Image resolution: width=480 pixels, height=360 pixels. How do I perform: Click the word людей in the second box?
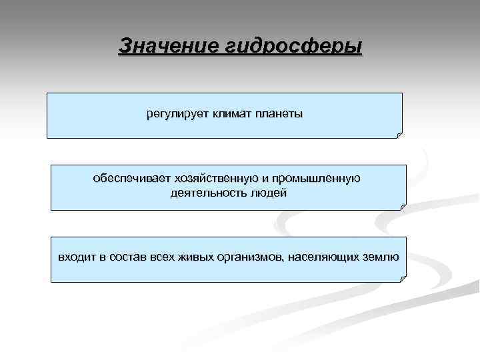(x=268, y=193)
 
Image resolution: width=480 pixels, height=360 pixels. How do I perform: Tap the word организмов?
(x=251, y=257)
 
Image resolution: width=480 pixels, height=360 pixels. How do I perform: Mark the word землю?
(x=381, y=257)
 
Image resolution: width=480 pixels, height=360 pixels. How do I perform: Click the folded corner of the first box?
(x=399, y=134)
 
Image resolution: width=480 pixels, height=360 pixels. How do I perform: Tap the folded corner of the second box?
(x=402, y=207)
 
